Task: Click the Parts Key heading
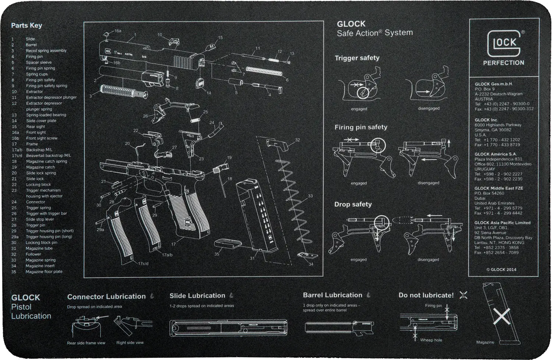tap(26, 25)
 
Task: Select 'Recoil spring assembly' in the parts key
tap(46, 51)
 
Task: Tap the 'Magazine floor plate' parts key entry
tap(44, 272)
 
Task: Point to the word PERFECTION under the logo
tap(503, 63)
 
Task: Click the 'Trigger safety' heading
tap(357, 58)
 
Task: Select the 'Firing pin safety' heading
tap(361, 127)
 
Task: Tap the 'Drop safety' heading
tap(353, 204)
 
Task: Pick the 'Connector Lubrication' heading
tap(106, 296)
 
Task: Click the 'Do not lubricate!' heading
tap(426, 295)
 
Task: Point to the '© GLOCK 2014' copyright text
tap(501, 270)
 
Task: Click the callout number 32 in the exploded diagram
tap(297, 140)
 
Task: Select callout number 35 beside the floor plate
tap(217, 254)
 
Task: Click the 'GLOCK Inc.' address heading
tap(486, 120)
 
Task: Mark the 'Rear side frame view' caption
tap(86, 343)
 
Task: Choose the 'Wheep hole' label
tap(431, 340)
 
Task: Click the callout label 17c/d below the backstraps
tap(143, 264)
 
